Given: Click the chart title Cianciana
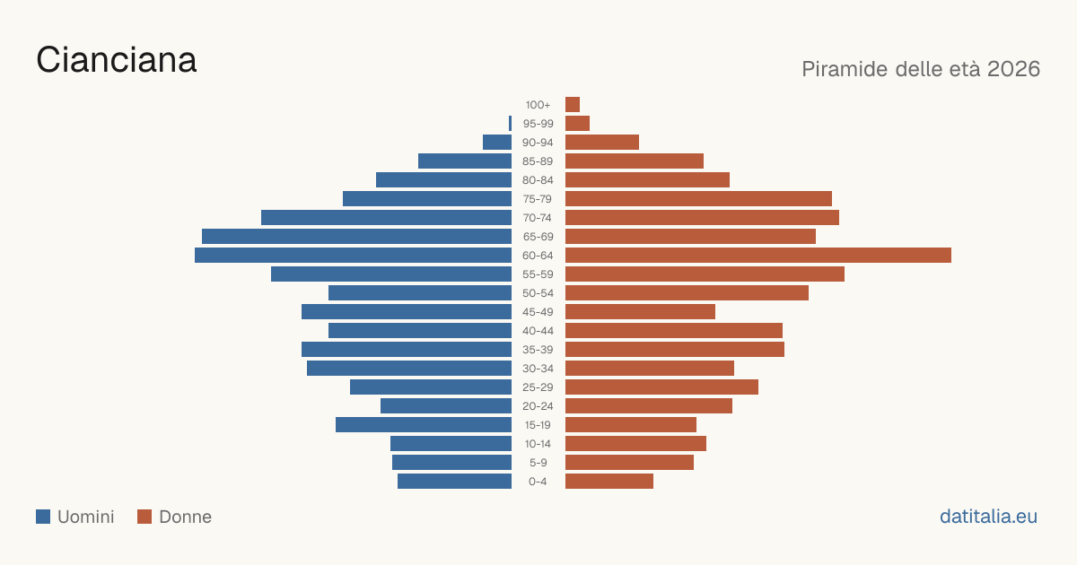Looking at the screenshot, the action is click(x=117, y=60).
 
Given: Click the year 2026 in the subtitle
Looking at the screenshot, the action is click(x=1013, y=69).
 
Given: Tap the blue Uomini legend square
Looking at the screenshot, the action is click(x=43, y=517).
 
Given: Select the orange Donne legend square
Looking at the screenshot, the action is click(x=144, y=517).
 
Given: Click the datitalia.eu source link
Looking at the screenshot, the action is click(x=988, y=517).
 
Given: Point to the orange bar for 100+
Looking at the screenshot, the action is click(x=573, y=104).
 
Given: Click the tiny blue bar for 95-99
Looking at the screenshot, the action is click(x=510, y=123).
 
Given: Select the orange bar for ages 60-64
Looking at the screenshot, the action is click(x=758, y=255).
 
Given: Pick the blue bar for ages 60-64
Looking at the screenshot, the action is click(x=353, y=255).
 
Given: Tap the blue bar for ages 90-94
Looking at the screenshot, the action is click(x=497, y=143).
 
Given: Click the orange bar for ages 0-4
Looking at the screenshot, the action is click(x=609, y=481).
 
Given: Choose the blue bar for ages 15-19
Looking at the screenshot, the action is click(x=424, y=425).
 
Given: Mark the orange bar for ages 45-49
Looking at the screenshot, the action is click(x=641, y=312).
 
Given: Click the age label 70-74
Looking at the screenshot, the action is click(x=538, y=218).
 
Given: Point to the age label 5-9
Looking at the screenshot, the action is click(x=538, y=463).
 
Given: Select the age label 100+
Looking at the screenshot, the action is click(x=538, y=105).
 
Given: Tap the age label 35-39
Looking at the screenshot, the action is click(x=538, y=350).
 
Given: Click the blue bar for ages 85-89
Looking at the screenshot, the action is click(x=465, y=161).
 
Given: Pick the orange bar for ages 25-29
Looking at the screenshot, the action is click(x=661, y=387).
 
